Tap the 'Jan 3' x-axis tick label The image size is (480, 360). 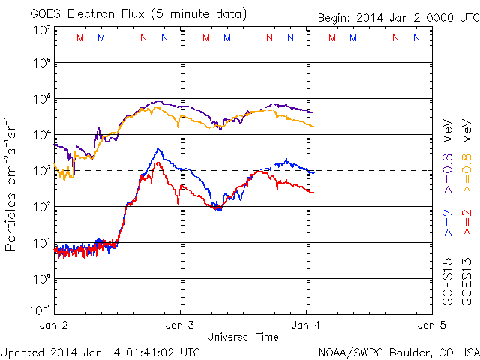pos(180,325)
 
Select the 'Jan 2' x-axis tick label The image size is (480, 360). pos(54,325)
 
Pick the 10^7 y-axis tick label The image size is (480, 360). pos(40,30)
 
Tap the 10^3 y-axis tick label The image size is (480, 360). pos(40,170)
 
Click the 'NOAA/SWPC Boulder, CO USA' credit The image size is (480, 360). pos(398,351)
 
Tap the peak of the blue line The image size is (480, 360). pos(158,149)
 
